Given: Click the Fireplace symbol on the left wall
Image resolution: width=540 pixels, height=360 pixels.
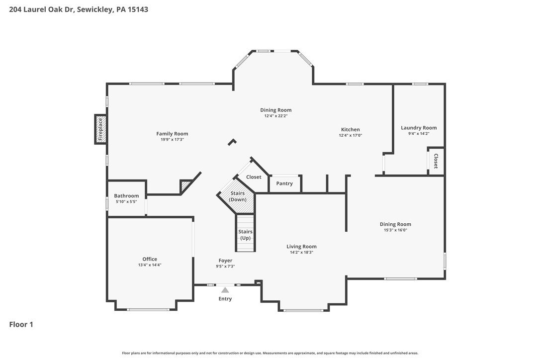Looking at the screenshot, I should coord(100,129).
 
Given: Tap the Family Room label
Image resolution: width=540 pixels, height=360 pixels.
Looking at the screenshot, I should coord(172,134).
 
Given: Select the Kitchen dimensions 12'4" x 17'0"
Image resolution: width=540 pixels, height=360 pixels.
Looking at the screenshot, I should coord(350,135).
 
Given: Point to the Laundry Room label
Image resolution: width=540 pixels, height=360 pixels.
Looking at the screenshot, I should coord(419,128).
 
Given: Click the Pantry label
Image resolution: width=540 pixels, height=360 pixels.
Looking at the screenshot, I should coord(284,183).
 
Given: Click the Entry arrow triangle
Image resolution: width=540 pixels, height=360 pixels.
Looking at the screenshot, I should coord(225,290).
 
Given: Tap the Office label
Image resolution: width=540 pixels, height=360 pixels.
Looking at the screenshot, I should coord(150,259).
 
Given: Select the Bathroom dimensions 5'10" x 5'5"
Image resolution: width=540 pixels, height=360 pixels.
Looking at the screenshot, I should coord(126,202).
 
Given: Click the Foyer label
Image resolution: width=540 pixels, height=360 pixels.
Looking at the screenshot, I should coord(225,261).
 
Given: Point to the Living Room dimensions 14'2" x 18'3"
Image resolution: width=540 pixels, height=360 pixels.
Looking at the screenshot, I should coord(301,252).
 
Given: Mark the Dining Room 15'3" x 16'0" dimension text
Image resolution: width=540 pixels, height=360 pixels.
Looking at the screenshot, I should coord(395,230).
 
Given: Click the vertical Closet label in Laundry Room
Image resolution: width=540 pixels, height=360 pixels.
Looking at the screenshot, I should coord(436,161).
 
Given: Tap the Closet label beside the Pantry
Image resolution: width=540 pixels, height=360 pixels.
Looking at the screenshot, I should coord(254,177).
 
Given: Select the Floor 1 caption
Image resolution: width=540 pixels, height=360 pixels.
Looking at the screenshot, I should coord(21,325).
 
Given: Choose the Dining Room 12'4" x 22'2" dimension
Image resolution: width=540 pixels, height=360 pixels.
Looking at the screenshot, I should coord(275,116).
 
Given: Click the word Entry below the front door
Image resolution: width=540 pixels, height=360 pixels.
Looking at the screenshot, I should coord(225,299).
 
